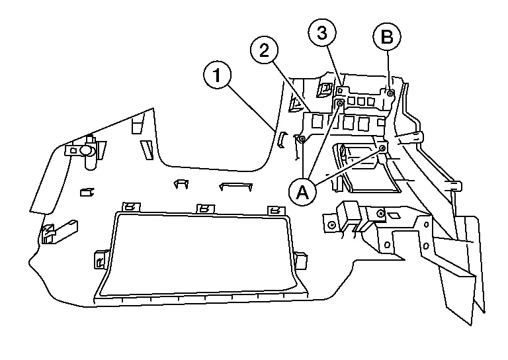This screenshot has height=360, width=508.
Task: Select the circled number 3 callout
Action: (x=322, y=34)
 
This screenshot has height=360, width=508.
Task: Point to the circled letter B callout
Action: (x=387, y=37)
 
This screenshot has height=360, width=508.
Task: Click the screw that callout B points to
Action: (x=390, y=93)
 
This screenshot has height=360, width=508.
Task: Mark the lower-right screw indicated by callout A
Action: (x=382, y=150)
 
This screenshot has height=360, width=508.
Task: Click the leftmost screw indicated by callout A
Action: (x=302, y=139)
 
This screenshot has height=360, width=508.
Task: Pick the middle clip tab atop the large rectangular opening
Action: (x=205, y=209)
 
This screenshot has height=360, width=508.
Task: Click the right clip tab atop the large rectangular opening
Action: (x=272, y=210)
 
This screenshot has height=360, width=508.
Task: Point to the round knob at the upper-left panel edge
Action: (x=86, y=151)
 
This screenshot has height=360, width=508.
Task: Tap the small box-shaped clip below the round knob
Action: (x=85, y=193)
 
